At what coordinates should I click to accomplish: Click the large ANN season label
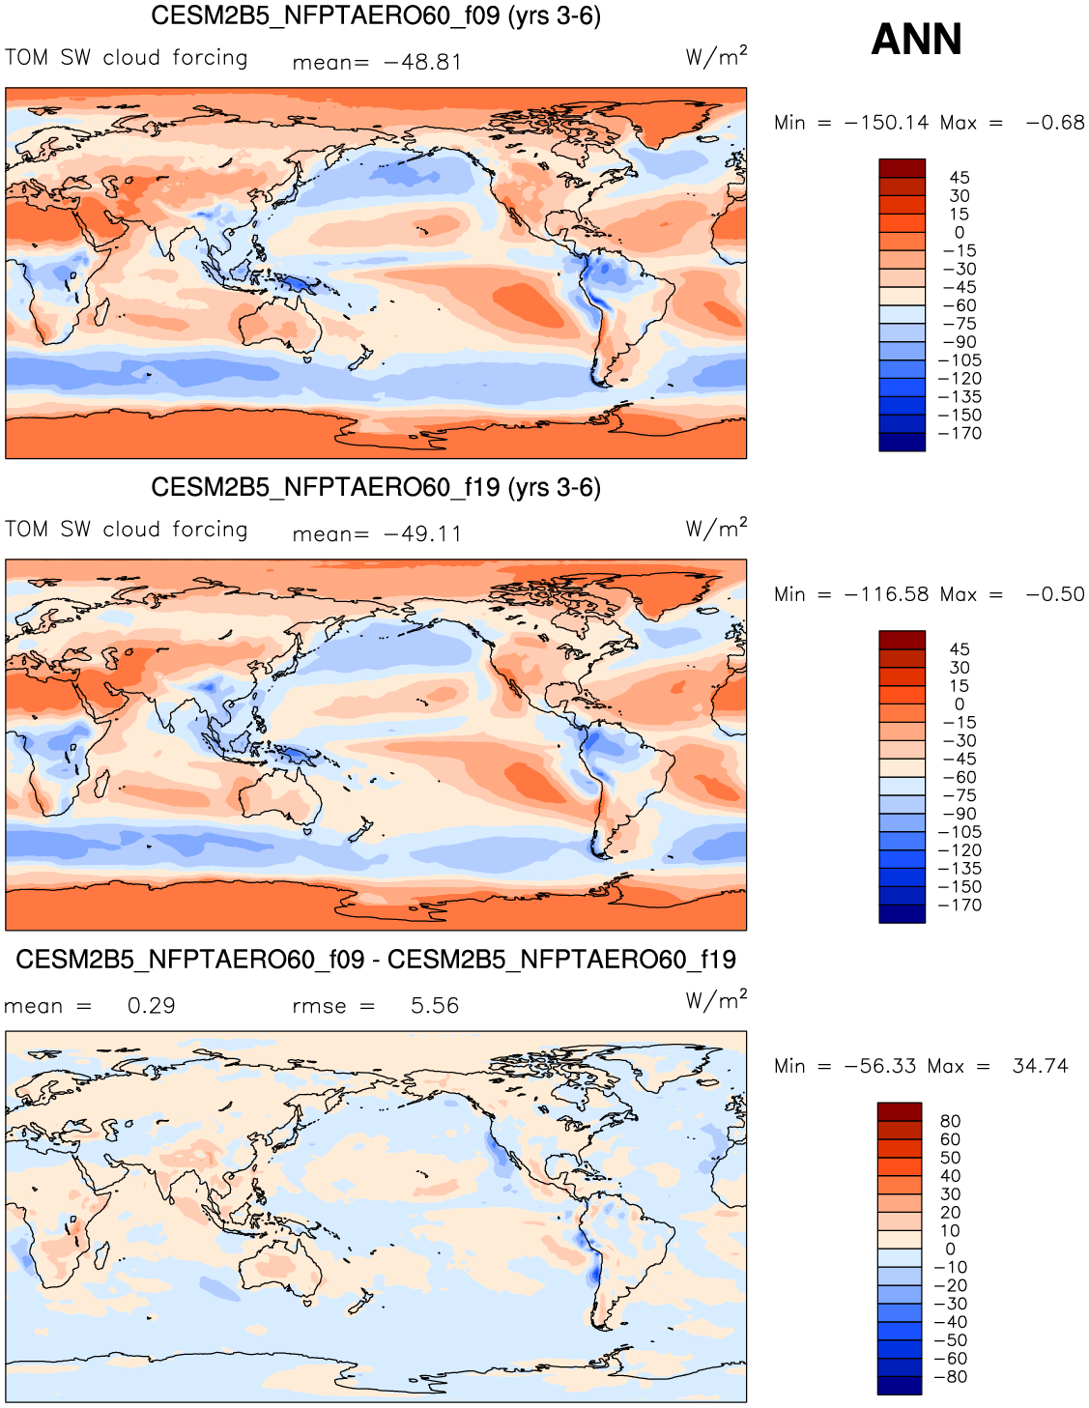point(916,40)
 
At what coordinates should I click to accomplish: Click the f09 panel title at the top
point(376,16)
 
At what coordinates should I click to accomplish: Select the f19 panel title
point(376,487)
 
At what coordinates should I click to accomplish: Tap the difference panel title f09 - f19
point(376,960)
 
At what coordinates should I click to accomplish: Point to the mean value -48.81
point(423,63)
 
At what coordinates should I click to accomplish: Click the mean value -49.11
point(423,534)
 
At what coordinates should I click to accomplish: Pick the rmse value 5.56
point(435,1006)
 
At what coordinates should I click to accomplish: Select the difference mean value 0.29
point(152,1006)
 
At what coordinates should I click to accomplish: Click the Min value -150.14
point(886,123)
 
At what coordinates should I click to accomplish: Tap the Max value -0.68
point(1055,123)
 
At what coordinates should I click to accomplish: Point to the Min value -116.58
point(886,594)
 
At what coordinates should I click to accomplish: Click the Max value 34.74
point(1040,1066)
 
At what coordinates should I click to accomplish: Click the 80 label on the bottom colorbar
point(950,1121)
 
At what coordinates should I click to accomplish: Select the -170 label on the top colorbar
point(960,433)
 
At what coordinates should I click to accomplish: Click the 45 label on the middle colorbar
point(959,649)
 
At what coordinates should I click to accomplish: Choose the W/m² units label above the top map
point(716,56)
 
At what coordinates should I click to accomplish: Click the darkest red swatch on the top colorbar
point(902,168)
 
